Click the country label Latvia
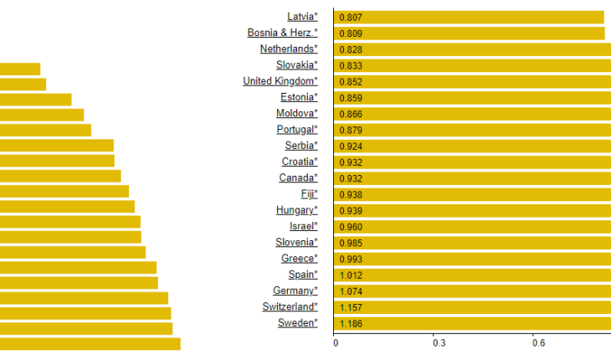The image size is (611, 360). click(301, 17)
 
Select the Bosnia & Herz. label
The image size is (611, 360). click(282, 33)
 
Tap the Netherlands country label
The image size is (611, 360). click(288, 49)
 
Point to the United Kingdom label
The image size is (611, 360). click(280, 81)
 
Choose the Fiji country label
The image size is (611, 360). click(309, 194)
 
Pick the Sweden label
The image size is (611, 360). click(297, 323)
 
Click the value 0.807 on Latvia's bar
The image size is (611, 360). click(351, 18)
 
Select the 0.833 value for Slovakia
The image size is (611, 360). click(351, 65)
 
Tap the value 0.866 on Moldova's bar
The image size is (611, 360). click(351, 114)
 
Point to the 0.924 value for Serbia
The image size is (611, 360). click(351, 147)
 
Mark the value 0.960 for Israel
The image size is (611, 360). click(351, 227)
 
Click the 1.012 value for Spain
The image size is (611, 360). click(351, 275)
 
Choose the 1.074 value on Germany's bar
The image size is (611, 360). click(351, 291)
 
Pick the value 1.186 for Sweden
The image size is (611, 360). click(351, 323)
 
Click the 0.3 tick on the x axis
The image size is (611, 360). click(434, 342)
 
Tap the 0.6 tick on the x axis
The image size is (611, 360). click(534, 342)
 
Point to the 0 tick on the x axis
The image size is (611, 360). click(335, 342)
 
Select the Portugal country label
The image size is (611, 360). click(296, 130)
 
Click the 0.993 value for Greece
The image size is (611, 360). click(351, 259)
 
